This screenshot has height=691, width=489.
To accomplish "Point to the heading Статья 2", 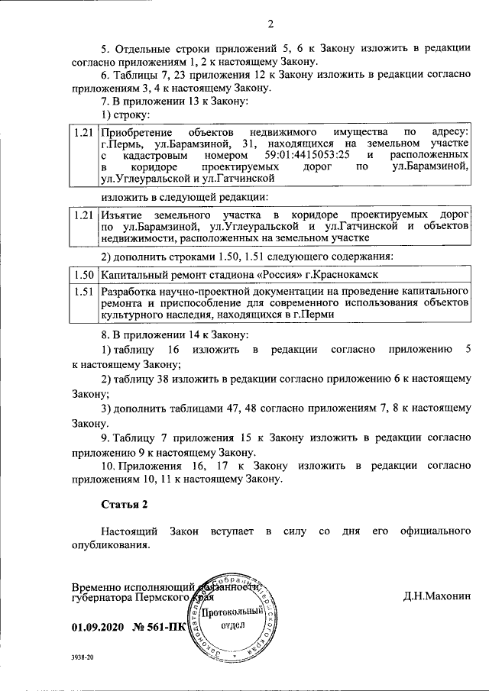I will (123, 504).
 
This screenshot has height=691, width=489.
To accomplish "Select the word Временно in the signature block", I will (96, 588).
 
